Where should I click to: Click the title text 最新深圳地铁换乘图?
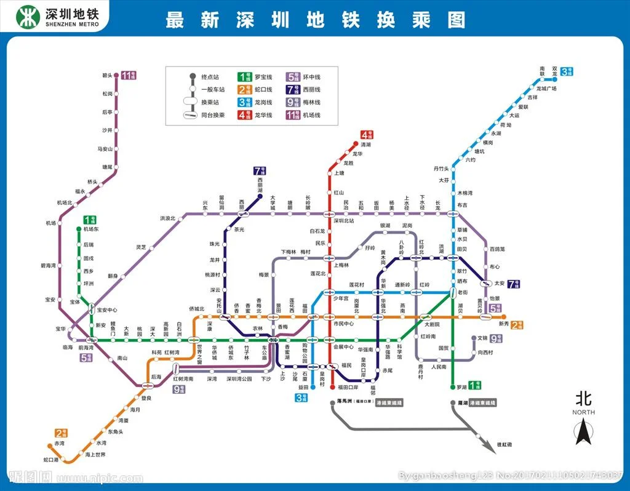point(315,20)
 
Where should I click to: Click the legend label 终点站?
point(210,77)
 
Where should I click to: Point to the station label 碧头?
point(108,76)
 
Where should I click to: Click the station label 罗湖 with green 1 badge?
point(461,387)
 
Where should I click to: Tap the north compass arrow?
point(583,431)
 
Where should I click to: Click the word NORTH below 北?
point(583,412)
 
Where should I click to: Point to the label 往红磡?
point(504,444)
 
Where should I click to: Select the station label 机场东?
point(91,229)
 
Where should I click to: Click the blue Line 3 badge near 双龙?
point(567,72)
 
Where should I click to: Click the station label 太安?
point(500,284)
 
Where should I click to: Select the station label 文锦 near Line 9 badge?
point(482,338)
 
